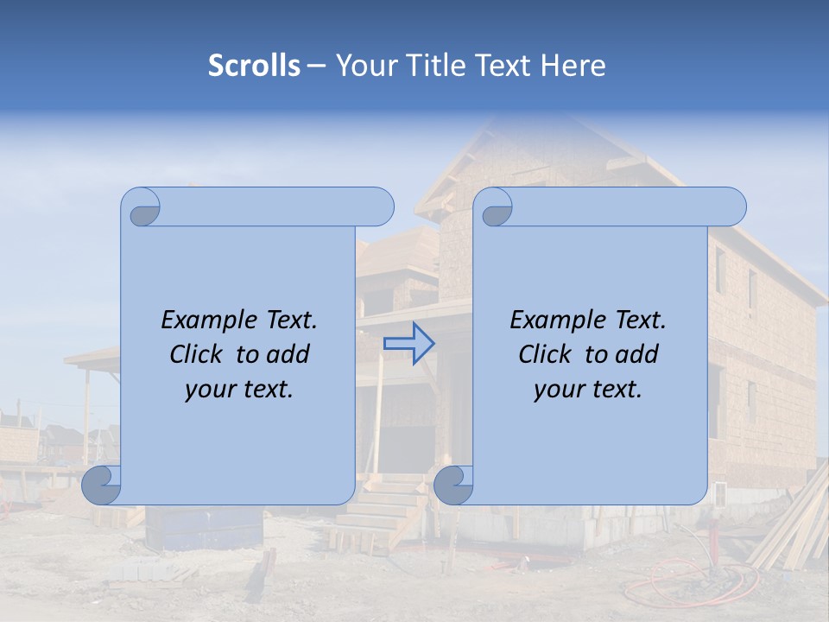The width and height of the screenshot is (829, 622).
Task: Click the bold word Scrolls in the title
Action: [254, 66]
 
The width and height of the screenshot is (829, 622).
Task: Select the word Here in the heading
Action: [573, 66]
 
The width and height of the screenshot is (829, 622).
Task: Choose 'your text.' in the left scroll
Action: [239, 390]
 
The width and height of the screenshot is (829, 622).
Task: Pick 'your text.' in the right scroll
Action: [588, 390]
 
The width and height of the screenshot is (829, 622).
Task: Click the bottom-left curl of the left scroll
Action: [102, 484]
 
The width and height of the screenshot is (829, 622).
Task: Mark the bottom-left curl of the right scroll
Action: [453, 484]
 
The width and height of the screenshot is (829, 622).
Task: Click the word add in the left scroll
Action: [289, 355]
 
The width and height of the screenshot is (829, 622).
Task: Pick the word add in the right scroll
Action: [638, 355]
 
